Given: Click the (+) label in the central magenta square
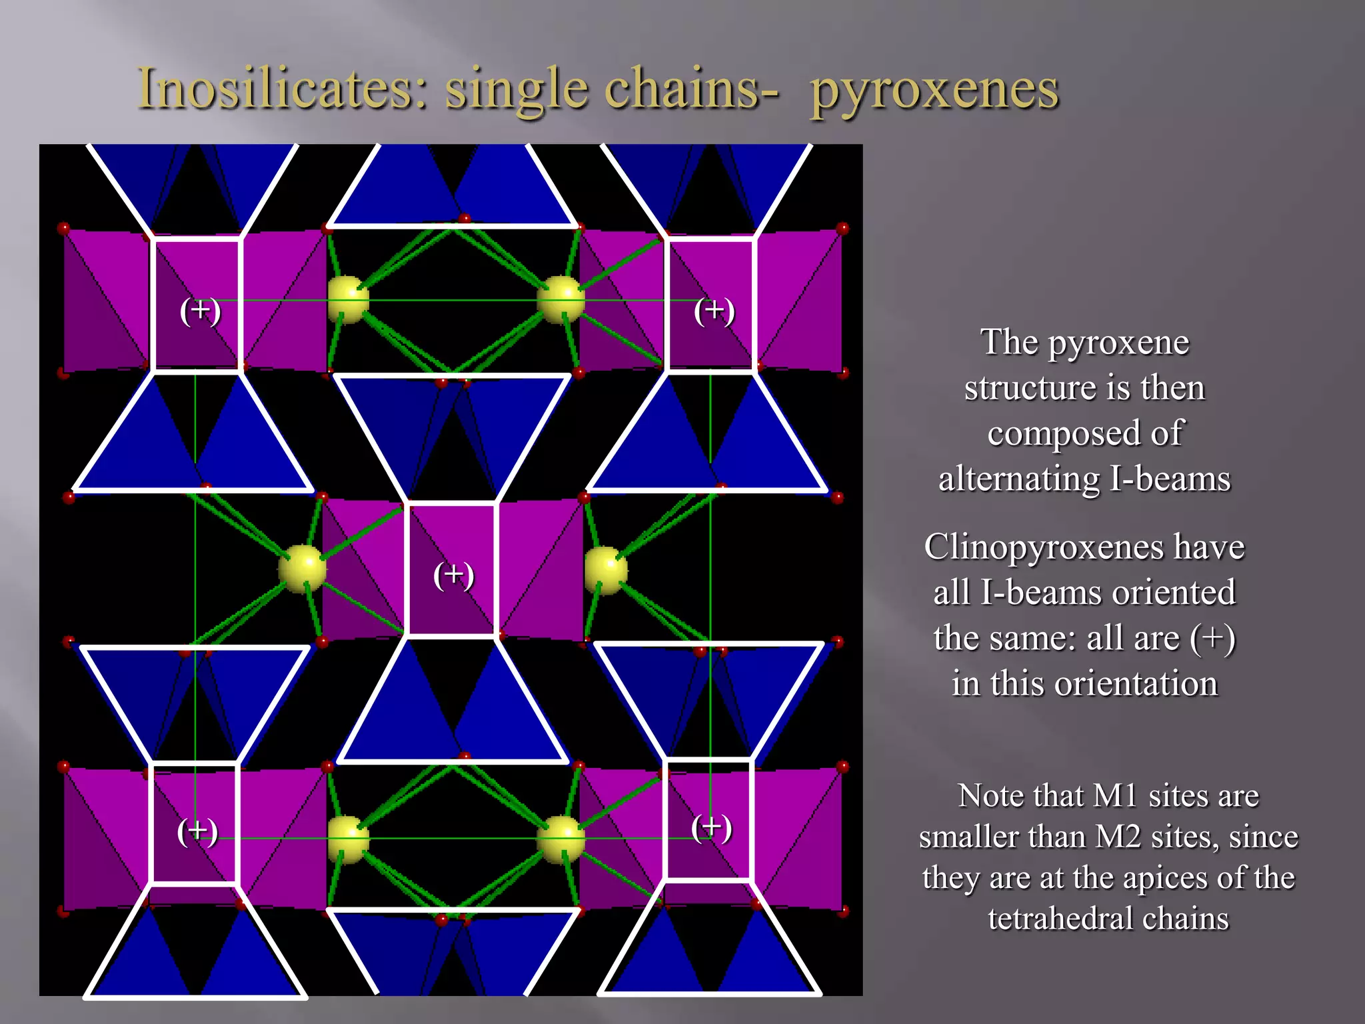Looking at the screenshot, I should pos(453,575).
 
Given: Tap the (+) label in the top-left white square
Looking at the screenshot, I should pos(200,311).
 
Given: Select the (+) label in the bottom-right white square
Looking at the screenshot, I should pos(711,827).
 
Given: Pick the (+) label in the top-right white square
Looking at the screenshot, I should pos(714,311).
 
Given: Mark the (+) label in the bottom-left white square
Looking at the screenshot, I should pos(197,831).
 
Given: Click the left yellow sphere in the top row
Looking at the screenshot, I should pos(348,300).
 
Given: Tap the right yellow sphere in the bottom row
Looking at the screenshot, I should pos(561,838).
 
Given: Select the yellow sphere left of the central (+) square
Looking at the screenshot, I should pos(303,568).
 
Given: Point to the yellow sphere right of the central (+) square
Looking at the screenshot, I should pos(606,569).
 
